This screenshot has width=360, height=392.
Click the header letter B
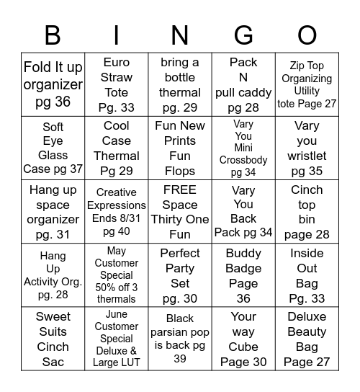53,35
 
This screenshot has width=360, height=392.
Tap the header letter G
243,35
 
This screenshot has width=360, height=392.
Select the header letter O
307,35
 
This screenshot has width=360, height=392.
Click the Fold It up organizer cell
53,85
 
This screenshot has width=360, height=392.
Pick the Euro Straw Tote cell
117,85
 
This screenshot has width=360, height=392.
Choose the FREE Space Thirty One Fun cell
180,212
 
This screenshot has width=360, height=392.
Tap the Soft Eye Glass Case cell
53,148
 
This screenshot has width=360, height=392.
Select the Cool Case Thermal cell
117,148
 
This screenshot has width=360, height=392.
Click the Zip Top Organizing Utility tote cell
307,85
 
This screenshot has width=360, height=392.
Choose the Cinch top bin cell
307,212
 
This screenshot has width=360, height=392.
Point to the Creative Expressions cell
117,212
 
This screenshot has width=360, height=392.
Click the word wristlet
307,156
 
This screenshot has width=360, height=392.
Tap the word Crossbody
243,160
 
